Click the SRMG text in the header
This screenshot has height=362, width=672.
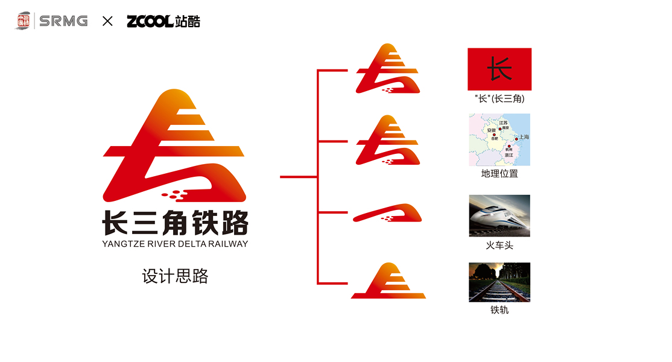[63, 21]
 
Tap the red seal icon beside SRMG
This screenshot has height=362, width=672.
[24, 21]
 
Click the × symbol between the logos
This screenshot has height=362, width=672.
[107, 21]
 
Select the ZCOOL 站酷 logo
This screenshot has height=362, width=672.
[163, 21]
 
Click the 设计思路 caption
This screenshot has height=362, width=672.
[175, 276]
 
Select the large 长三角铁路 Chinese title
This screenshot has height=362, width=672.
[175, 223]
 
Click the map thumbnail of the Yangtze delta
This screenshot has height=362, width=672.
[499, 139]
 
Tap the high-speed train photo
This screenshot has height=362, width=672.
[499, 215]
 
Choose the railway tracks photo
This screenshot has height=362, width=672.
[499, 282]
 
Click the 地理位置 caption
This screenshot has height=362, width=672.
[499, 174]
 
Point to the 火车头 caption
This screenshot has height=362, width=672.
[499, 246]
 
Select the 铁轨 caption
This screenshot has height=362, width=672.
[499, 310]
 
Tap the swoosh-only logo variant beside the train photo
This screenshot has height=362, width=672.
[387, 214]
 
